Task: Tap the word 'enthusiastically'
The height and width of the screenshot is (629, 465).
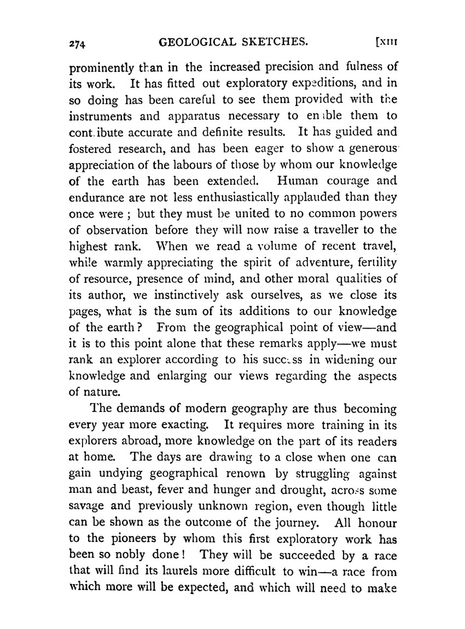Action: pyautogui.click(x=218, y=196)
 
